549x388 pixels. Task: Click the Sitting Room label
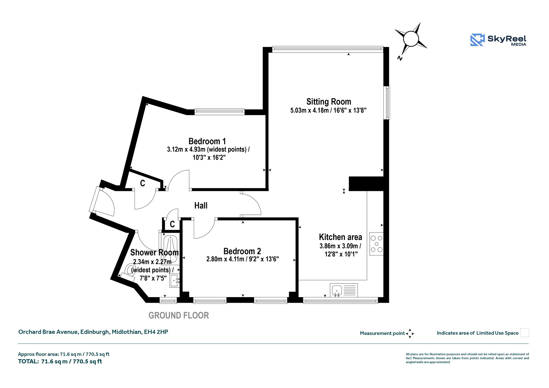click(329, 102)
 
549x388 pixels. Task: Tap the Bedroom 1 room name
click(207, 141)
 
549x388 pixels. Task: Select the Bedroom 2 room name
click(242, 251)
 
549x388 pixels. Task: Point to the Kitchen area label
click(340, 237)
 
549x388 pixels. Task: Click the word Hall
click(201, 206)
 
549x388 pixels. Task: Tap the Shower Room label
click(154, 253)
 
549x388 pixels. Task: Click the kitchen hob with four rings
click(376, 244)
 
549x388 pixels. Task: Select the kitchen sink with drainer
click(344, 290)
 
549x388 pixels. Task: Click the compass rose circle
click(411, 39)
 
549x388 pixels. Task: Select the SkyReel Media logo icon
click(477, 40)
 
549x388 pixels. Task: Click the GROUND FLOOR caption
click(179, 315)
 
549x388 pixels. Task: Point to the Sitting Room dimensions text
click(328, 110)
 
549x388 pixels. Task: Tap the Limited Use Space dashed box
click(525, 333)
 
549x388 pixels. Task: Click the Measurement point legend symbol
click(410, 334)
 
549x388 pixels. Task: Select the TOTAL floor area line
click(60, 361)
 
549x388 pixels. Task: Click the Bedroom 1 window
click(220, 112)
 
